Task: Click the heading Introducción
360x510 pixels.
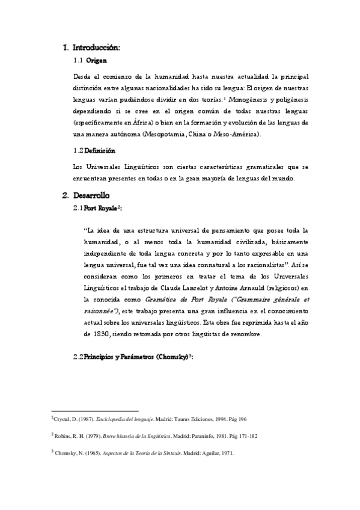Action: pos(96,46)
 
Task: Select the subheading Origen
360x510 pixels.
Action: pos(97,61)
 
